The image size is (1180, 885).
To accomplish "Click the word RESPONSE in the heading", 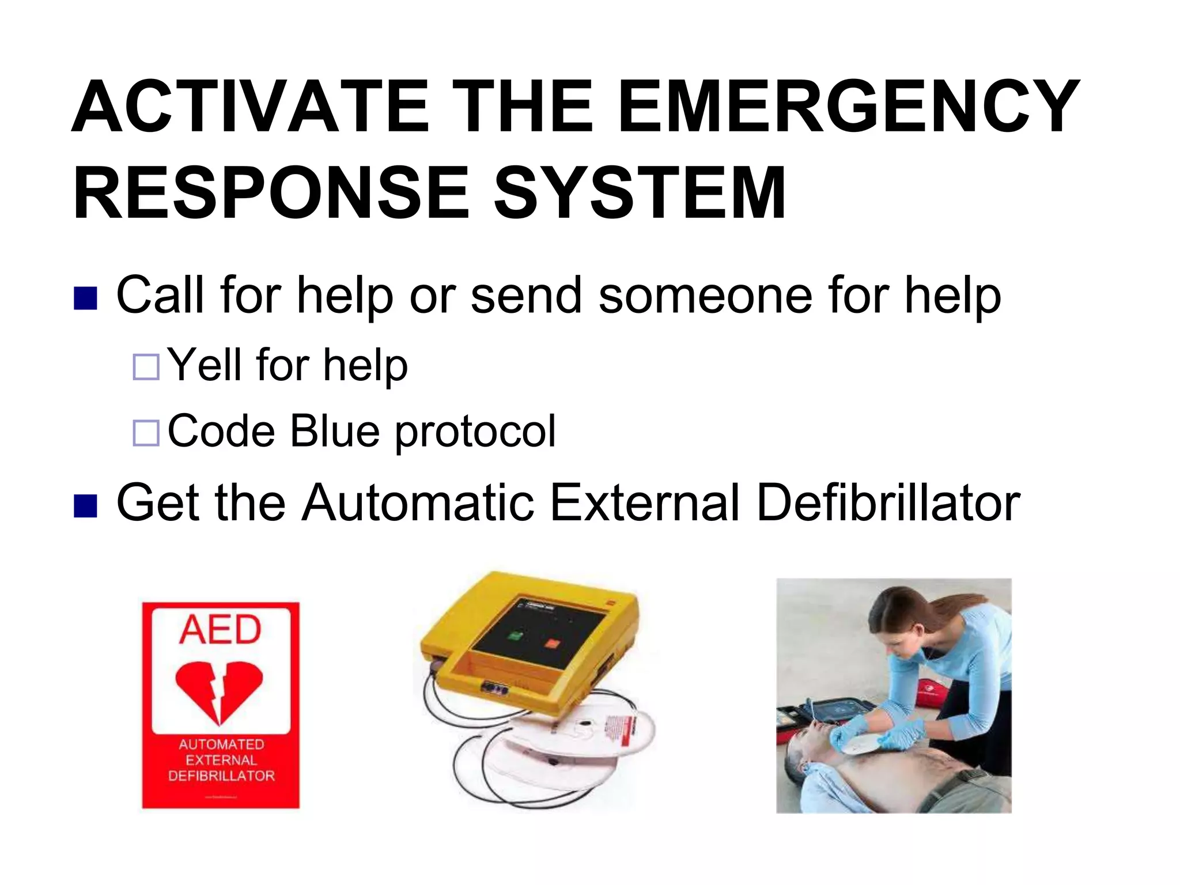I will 271,193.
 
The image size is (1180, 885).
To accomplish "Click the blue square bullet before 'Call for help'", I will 85,298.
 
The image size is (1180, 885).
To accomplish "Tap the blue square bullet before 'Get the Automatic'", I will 85,506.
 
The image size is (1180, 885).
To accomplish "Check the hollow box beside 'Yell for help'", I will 146,367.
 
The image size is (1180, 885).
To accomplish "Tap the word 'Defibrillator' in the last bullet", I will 888,503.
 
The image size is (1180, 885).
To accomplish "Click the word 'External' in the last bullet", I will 644,503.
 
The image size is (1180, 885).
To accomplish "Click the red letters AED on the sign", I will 220,629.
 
